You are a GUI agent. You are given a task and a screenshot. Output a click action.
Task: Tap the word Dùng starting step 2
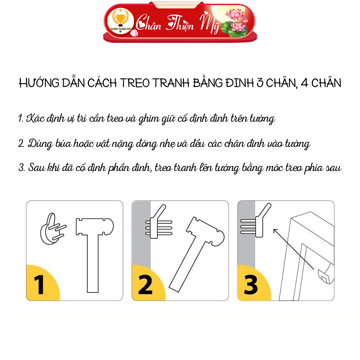click(x=39, y=144)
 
